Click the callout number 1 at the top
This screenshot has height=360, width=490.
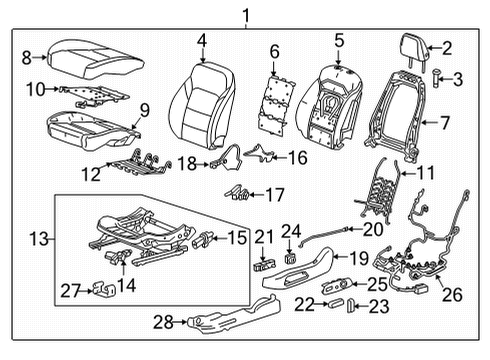[x=240, y=13]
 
